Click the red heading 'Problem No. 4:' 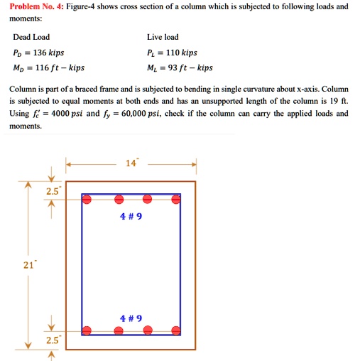tap(33, 6)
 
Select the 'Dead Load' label tap(31, 37)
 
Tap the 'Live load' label tap(163, 37)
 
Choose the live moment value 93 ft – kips tap(189, 68)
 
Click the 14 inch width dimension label tap(130, 163)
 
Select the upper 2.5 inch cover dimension tap(53, 191)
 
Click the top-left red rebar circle tap(87, 200)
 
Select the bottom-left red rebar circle tap(87, 330)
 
